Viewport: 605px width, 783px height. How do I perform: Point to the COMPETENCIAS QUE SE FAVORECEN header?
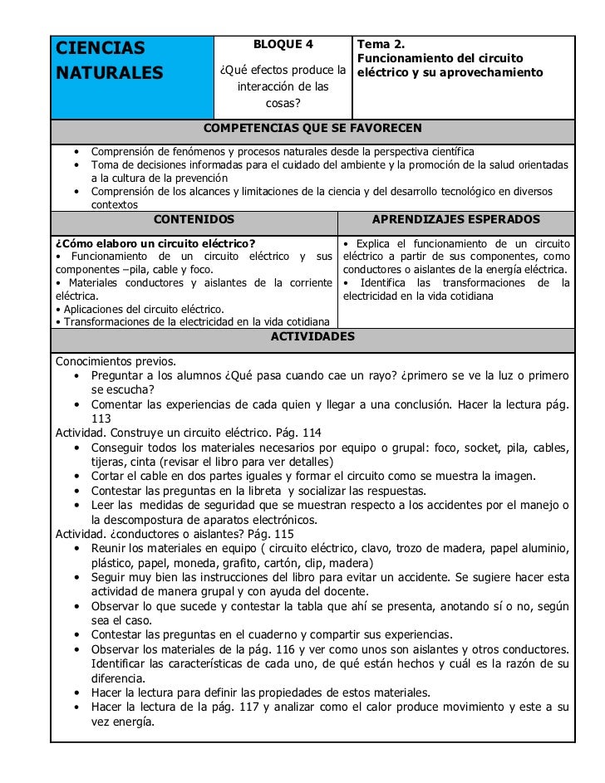312,128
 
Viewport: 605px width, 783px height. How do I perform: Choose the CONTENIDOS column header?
194,219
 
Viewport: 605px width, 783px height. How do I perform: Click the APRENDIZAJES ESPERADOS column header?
455,219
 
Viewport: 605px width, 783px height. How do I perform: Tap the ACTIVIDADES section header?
312,336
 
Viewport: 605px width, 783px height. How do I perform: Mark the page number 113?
101,418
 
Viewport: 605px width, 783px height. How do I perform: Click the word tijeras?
109,462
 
